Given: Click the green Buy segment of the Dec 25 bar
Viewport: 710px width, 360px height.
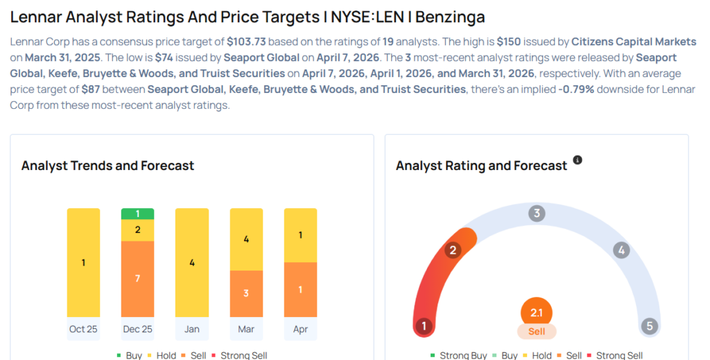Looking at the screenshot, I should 137,214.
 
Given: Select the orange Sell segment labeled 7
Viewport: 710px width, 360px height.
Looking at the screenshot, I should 137,278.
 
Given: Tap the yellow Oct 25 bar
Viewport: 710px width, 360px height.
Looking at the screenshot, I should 83,262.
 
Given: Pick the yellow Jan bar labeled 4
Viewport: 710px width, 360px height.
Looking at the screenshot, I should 192,262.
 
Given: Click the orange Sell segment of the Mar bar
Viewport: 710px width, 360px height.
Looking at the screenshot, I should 246,293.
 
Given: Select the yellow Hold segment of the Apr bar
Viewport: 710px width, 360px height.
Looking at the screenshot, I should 300,235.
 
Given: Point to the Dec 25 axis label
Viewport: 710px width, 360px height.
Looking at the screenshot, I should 137,329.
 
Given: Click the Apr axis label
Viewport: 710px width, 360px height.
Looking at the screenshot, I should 300,329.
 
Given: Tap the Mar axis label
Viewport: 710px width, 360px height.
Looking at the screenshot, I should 246,329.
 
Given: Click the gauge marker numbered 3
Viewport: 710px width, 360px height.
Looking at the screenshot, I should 536,213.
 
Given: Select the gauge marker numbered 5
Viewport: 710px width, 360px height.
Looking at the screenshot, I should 649,326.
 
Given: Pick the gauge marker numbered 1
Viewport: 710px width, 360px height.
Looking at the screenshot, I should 424,326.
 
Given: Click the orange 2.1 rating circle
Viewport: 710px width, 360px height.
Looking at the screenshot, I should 536,313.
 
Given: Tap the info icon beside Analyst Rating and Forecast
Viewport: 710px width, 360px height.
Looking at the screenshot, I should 578,160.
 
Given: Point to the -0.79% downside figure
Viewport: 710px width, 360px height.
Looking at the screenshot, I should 576,89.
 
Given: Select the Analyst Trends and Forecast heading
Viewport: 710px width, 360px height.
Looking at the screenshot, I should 107,166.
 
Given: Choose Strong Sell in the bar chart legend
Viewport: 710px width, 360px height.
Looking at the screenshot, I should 243,355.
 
